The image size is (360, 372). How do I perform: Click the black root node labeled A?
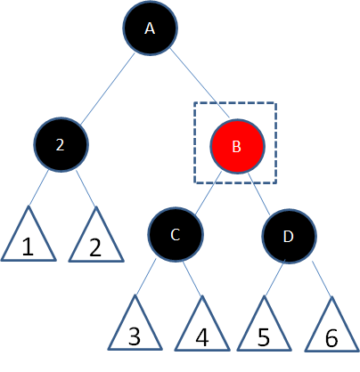pyautogui.click(x=150, y=28)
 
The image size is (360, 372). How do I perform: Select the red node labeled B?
pyautogui.click(x=237, y=146)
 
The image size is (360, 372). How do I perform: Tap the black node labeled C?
pyautogui.click(x=176, y=234)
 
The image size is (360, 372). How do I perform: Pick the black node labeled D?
pyautogui.click(x=289, y=236)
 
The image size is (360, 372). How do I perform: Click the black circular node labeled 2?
pyautogui.click(x=61, y=144)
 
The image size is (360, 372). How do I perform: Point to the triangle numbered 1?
pyautogui.click(x=29, y=234)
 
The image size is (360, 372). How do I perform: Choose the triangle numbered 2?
pyautogui.click(x=96, y=234)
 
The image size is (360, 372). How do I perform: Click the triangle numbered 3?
pyautogui.click(x=135, y=323)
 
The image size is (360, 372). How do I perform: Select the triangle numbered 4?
pyautogui.click(x=202, y=323)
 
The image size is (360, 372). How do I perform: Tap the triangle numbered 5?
pyautogui.click(x=264, y=323)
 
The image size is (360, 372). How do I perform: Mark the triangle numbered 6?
pyautogui.click(x=331, y=324)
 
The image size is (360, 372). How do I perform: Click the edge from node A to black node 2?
pyautogui.click(x=108, y=89)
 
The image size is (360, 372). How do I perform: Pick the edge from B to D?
pyautogui.click(x=258, y=193)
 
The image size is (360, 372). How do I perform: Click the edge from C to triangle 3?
pyautogui.click(x=145, y=277)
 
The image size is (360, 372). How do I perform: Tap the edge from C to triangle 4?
pyautogui.click(x=192, y=279)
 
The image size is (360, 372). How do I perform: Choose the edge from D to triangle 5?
pyautogui.click(x=274, y=278)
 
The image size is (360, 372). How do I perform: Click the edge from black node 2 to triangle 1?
pyautogui.click(x=38, y=187)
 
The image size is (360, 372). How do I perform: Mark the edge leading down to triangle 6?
pyautogui.click(x=322, y=279)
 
